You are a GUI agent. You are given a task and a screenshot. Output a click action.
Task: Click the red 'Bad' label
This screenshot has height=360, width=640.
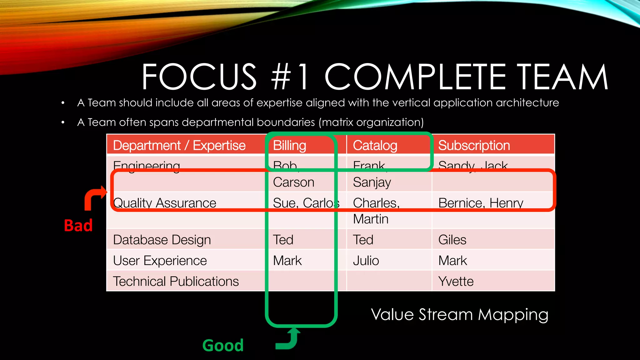pos(78,225)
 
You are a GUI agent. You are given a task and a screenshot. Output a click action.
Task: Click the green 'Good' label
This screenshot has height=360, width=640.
pos(223,345)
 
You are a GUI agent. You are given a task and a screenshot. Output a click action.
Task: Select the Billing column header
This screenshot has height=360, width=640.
pos(289,146)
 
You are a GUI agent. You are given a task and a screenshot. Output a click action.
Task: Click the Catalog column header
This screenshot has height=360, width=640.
pos(375,146)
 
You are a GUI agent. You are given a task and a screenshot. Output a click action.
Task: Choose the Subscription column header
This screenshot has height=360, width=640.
pos(474,146)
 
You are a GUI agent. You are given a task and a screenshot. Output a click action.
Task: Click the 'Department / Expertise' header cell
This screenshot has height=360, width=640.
pos(179,146)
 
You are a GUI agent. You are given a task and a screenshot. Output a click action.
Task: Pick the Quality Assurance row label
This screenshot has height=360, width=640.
pos(165,203)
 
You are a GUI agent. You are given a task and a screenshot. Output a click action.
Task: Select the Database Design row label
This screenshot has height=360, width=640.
pos(162,240)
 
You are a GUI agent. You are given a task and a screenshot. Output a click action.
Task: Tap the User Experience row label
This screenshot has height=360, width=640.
pos(160,261)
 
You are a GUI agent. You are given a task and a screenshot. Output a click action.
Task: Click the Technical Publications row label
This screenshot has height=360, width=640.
pos(176,281)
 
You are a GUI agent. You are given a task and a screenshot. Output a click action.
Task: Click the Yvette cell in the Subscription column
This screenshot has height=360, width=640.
pos(456,281)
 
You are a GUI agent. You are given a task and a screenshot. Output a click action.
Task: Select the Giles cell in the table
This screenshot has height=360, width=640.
pos(452,240)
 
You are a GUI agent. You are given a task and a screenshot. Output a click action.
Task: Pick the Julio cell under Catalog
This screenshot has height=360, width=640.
pos(366,261)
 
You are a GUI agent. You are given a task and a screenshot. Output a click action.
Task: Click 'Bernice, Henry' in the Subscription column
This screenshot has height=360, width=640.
pos(481,203)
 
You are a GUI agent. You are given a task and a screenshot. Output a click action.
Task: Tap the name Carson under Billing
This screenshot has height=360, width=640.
pos(293,182)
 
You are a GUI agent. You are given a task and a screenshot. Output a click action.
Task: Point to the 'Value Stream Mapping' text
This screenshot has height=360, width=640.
pos(459,314)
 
